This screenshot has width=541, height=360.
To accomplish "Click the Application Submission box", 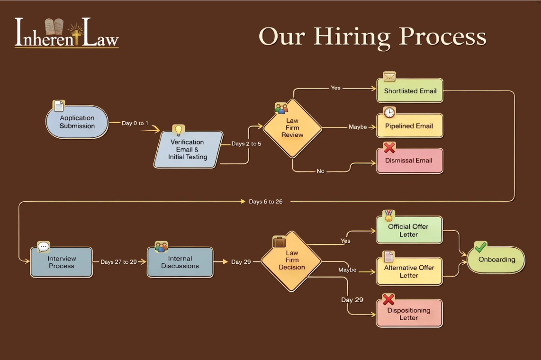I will (77, 122).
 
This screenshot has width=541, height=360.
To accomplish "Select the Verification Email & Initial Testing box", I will (188, 150).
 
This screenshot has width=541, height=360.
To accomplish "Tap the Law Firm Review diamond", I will (292, 128).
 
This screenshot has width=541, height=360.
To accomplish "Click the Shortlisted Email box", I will (410, 91).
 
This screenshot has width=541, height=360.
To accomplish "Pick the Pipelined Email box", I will (410, 126).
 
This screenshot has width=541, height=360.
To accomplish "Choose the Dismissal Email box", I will (410, 161).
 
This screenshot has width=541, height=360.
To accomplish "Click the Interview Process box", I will (62, 262).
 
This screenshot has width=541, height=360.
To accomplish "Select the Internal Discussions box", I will (180, 262).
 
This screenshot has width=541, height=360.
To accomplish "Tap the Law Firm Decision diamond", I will (292, 261).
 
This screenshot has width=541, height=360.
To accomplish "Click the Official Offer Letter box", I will (409, 231).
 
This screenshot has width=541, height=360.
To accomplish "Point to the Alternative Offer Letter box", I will (409, 271).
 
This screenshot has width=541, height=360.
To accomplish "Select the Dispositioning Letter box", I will (409, 314).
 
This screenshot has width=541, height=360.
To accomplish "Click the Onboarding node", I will (496, 260).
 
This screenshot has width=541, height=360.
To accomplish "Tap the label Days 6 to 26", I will (266, 202).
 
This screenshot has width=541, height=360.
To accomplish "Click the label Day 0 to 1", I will (135, 124).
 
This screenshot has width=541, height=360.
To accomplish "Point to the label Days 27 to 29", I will (118, 262).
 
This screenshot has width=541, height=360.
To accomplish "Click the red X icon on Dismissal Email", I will (389, 148).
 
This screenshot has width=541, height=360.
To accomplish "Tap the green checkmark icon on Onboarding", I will (481, 247).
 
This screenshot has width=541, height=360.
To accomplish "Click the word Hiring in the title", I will (352, 37).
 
